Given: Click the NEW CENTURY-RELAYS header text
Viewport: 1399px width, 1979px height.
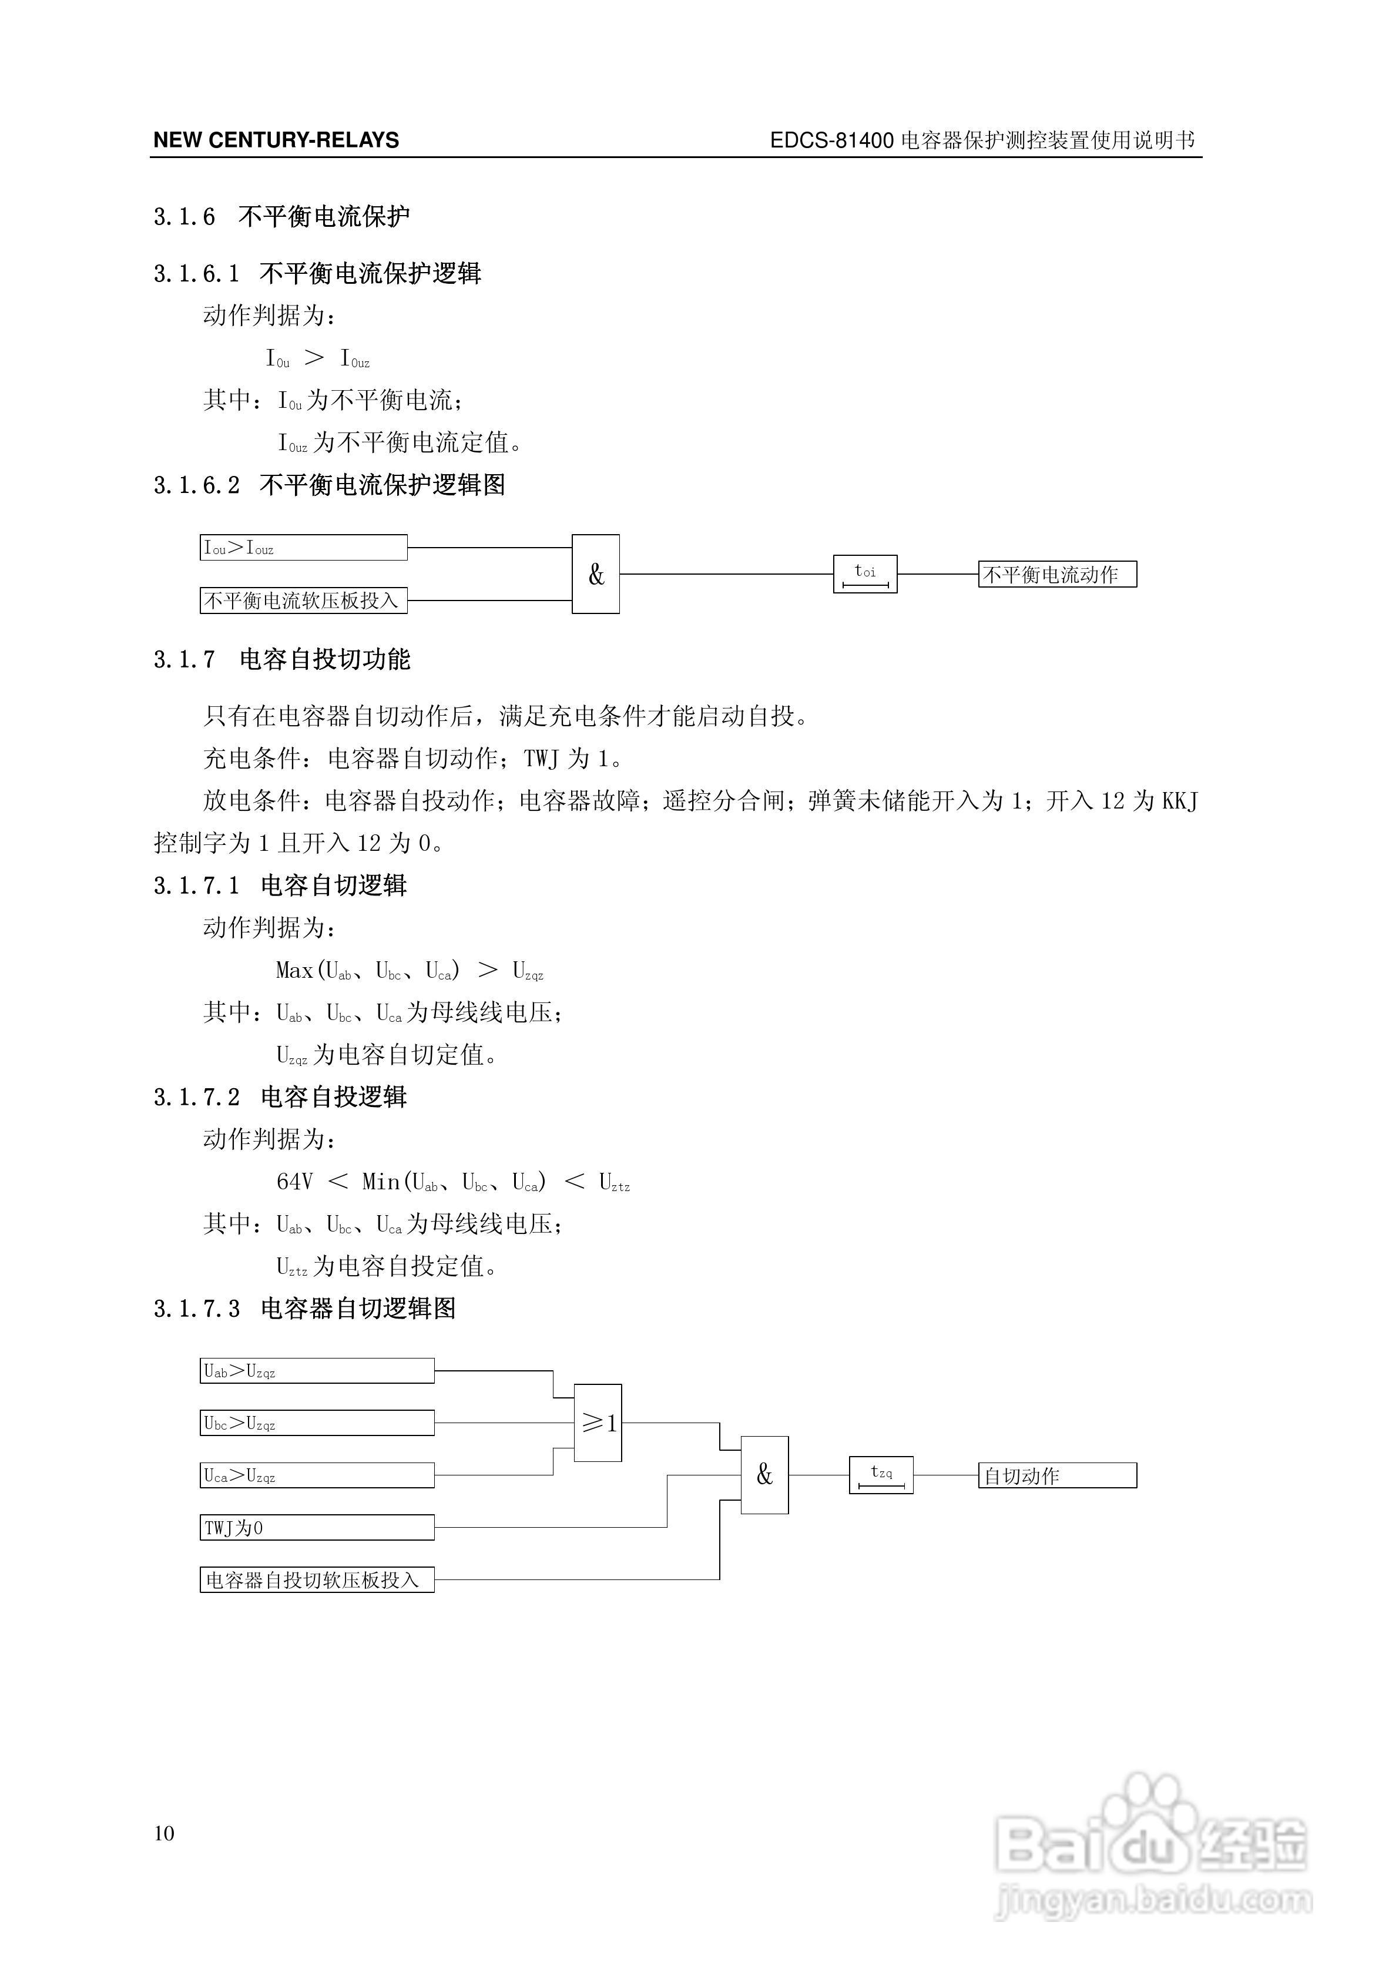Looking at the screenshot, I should [x=276, y=140].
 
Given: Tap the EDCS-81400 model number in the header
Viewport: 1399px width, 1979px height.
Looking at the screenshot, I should [x=831, y=140].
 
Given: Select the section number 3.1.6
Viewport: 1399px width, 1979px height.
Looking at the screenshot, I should [x=183, y=216].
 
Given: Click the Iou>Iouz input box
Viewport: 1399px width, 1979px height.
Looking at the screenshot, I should [x=303, y=547].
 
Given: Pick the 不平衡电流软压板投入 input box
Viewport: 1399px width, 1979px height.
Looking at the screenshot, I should [x=303, y=600].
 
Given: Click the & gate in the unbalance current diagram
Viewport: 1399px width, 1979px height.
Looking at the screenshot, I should [x=596, y=574].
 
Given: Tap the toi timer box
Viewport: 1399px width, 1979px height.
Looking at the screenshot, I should [x=864, y=574].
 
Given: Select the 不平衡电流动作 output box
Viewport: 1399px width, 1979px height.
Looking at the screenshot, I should [x=1057, y=574].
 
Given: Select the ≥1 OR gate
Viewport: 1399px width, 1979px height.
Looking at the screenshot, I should [x=598, y=1423].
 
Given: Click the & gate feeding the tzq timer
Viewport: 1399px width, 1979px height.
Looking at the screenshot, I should [x=764, y=1475].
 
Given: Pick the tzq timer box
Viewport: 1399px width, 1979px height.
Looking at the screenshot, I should [x=881, y=1475].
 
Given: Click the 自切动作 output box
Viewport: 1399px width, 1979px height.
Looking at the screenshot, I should [x=1057, y=1475].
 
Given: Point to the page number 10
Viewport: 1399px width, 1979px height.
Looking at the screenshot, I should [x=164, y=1833].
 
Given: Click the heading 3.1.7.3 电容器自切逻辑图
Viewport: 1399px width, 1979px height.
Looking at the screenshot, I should [x=304, y=1309].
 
